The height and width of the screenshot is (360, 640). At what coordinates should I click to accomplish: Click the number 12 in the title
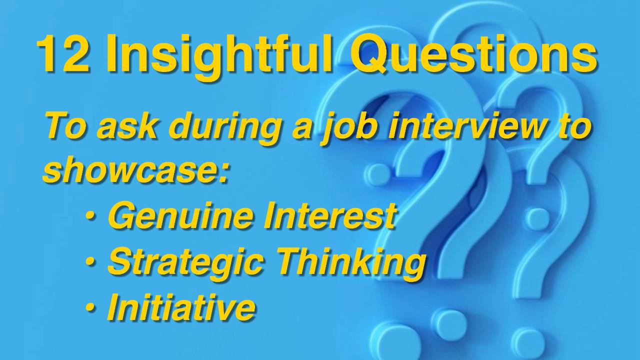pos(63,53)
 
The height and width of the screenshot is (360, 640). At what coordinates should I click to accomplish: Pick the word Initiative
pos(181,306)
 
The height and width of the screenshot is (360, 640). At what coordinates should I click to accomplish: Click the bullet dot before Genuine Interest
pos(90,216)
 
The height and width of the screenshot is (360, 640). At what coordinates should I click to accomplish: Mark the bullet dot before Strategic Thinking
pos(90,261)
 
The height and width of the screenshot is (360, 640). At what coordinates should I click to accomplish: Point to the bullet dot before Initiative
pos(90,306)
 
